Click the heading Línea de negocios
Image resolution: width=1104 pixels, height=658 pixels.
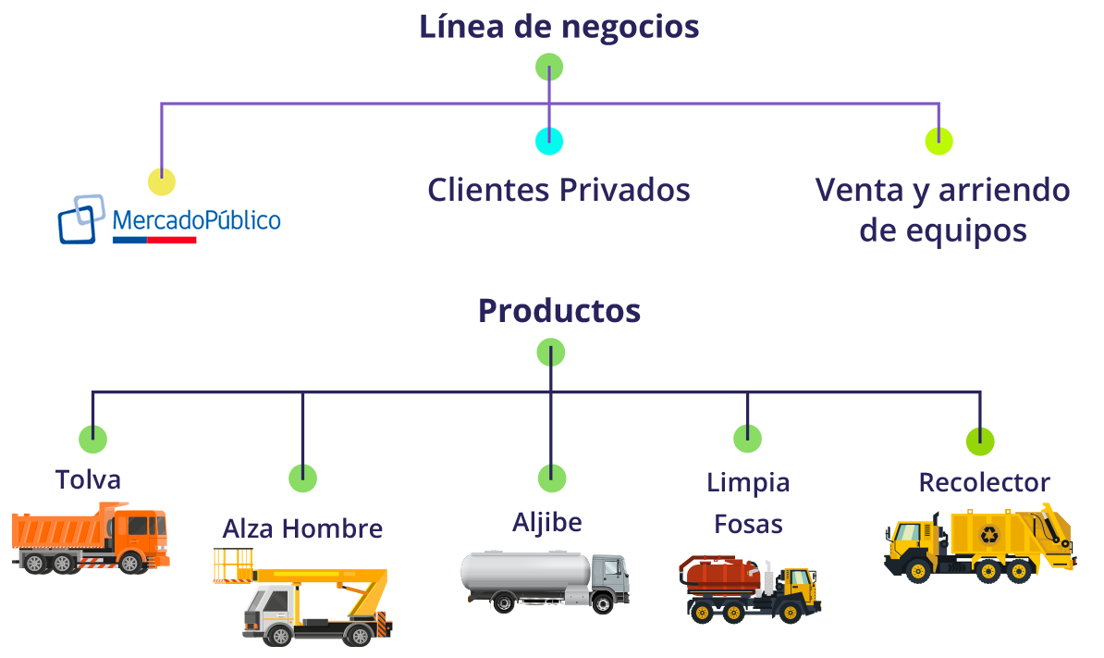point(559,27)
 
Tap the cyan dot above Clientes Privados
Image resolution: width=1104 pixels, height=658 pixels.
point(549,141)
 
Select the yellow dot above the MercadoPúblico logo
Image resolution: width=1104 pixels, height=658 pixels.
point(162,181)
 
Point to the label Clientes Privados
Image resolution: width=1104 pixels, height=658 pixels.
point(558,190)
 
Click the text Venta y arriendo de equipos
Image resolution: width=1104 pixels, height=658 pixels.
point(942,210)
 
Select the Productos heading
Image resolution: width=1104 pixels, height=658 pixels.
point(559,311)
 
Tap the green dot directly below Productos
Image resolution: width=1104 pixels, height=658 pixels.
point(550,353)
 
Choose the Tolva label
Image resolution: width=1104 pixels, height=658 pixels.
point(88,479)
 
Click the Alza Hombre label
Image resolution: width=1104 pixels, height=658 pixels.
point(302,528)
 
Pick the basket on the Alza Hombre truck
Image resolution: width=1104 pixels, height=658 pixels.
point(233,565)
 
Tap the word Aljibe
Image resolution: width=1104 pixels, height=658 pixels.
point(547,522)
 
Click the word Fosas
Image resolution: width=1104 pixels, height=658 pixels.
point(748,525)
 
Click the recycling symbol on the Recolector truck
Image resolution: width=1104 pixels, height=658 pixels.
point(990,535)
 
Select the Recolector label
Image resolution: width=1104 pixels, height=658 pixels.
point(985,482)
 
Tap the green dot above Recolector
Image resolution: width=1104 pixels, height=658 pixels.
point(980,441)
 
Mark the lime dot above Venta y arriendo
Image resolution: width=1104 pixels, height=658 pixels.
point(939,141)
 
